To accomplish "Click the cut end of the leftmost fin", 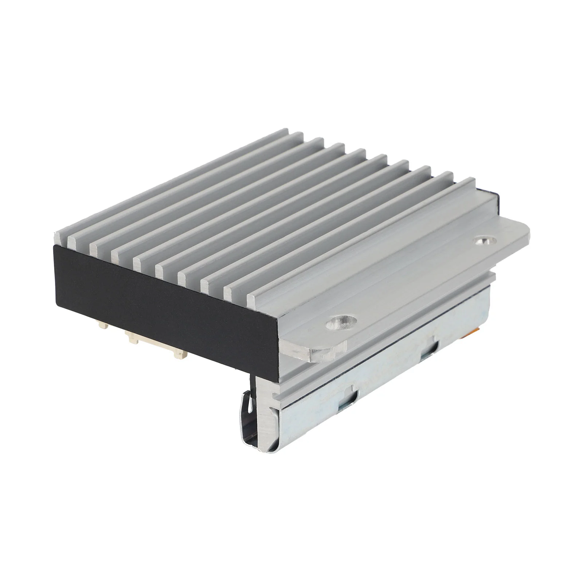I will (x=61, y=236).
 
